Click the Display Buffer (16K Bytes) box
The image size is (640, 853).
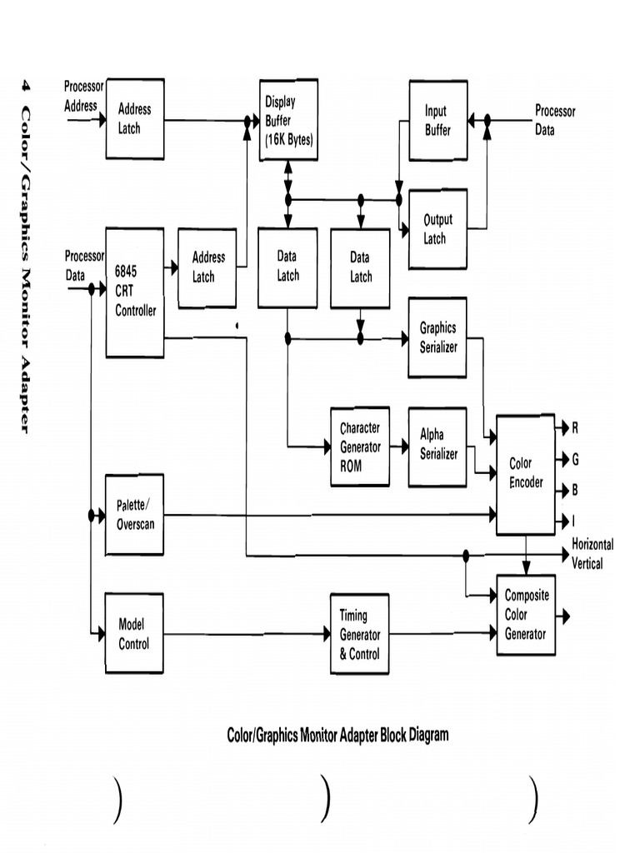pos(288,121)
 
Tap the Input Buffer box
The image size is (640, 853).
pos(437,121)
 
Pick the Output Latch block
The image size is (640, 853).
pos(437,229)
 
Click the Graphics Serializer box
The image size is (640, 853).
pos(437,337)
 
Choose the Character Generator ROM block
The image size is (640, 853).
pos(360,447)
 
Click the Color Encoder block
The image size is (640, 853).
pos(526,473)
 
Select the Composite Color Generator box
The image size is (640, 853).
pos(526,615)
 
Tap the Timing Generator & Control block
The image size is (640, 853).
pos(360,634)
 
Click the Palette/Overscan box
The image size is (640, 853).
pos(134,515)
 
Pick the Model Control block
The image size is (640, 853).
pos(134,634)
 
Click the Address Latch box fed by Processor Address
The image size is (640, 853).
pos(134,119)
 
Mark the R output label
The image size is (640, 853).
pos(575,428)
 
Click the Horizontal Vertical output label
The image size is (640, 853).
pos(592,554)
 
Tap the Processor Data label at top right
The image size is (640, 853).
pos(555,120)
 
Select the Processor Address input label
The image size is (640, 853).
pos(82,96)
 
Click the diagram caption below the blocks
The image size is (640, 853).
pos(337,735)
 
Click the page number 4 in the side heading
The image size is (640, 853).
pos(26,85)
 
